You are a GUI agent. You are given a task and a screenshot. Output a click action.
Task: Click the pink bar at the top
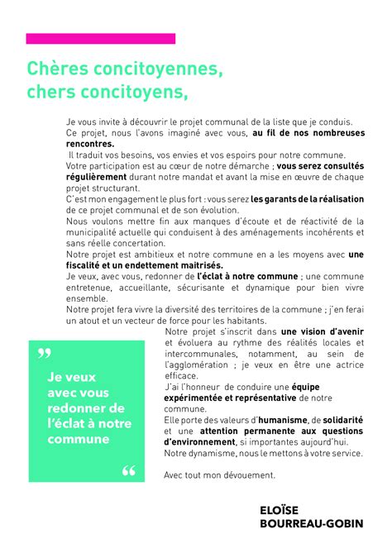101,38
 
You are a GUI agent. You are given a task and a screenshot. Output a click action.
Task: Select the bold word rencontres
91,144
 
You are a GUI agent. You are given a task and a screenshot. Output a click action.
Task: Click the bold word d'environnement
203,442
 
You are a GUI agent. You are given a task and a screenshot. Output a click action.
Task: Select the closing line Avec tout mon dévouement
219,475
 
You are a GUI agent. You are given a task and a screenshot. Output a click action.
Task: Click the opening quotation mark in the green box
44,355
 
